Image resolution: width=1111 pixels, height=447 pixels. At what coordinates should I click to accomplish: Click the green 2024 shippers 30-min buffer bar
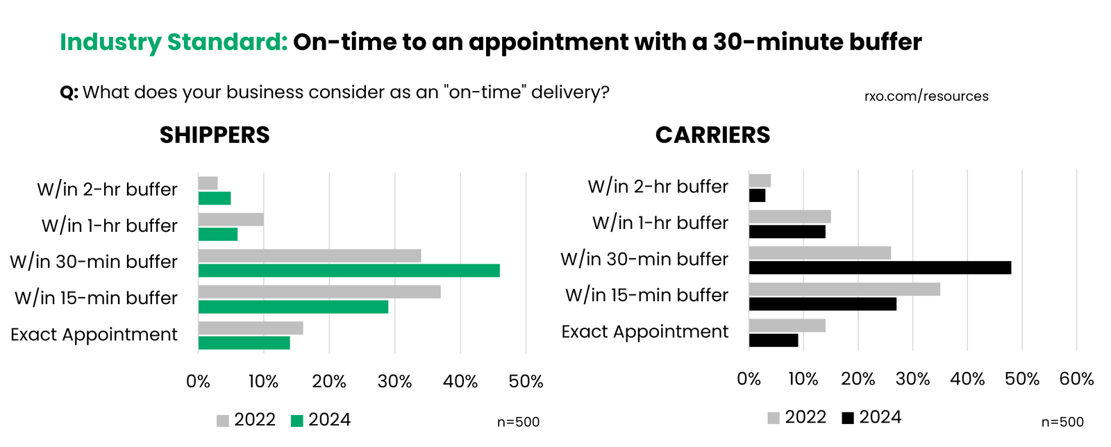point(349,271)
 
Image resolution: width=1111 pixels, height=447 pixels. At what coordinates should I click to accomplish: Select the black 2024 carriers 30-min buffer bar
point(880,268)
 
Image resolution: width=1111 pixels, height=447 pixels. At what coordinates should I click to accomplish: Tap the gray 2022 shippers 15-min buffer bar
point(319,292)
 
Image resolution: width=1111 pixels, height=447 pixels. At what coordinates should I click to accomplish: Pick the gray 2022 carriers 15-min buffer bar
point(844,289)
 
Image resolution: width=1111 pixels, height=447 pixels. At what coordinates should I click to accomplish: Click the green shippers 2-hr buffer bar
point(215,199)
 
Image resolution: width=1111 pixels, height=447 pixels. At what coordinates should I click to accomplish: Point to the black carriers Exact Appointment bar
point(774,340)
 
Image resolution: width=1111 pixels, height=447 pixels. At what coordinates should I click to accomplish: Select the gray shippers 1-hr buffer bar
point(231,219)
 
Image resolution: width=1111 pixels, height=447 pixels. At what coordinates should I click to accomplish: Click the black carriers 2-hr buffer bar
point(757,196)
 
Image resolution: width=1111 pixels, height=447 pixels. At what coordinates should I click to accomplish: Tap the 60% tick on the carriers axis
point(1076,379)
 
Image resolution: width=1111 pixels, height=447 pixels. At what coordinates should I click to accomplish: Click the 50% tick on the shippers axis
point(526,382)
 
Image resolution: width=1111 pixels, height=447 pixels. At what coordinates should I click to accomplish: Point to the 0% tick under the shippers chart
point(199,382)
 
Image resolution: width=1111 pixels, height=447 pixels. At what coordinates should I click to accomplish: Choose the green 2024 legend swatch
point(297,421)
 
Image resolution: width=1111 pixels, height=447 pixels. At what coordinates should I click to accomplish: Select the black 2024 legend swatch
point(848,418)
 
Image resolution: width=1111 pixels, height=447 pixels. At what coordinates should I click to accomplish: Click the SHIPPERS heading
point(215,135)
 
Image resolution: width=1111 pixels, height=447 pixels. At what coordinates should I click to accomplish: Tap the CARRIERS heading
point(712,135)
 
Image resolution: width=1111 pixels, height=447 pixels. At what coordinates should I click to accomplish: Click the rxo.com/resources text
point(926,96)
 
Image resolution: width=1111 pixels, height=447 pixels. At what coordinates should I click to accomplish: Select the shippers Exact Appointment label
point(94,335)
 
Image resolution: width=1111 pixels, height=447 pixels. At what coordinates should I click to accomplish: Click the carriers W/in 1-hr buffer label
point(660,223)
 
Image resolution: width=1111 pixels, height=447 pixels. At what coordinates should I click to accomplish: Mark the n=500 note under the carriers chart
point(1062,422)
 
